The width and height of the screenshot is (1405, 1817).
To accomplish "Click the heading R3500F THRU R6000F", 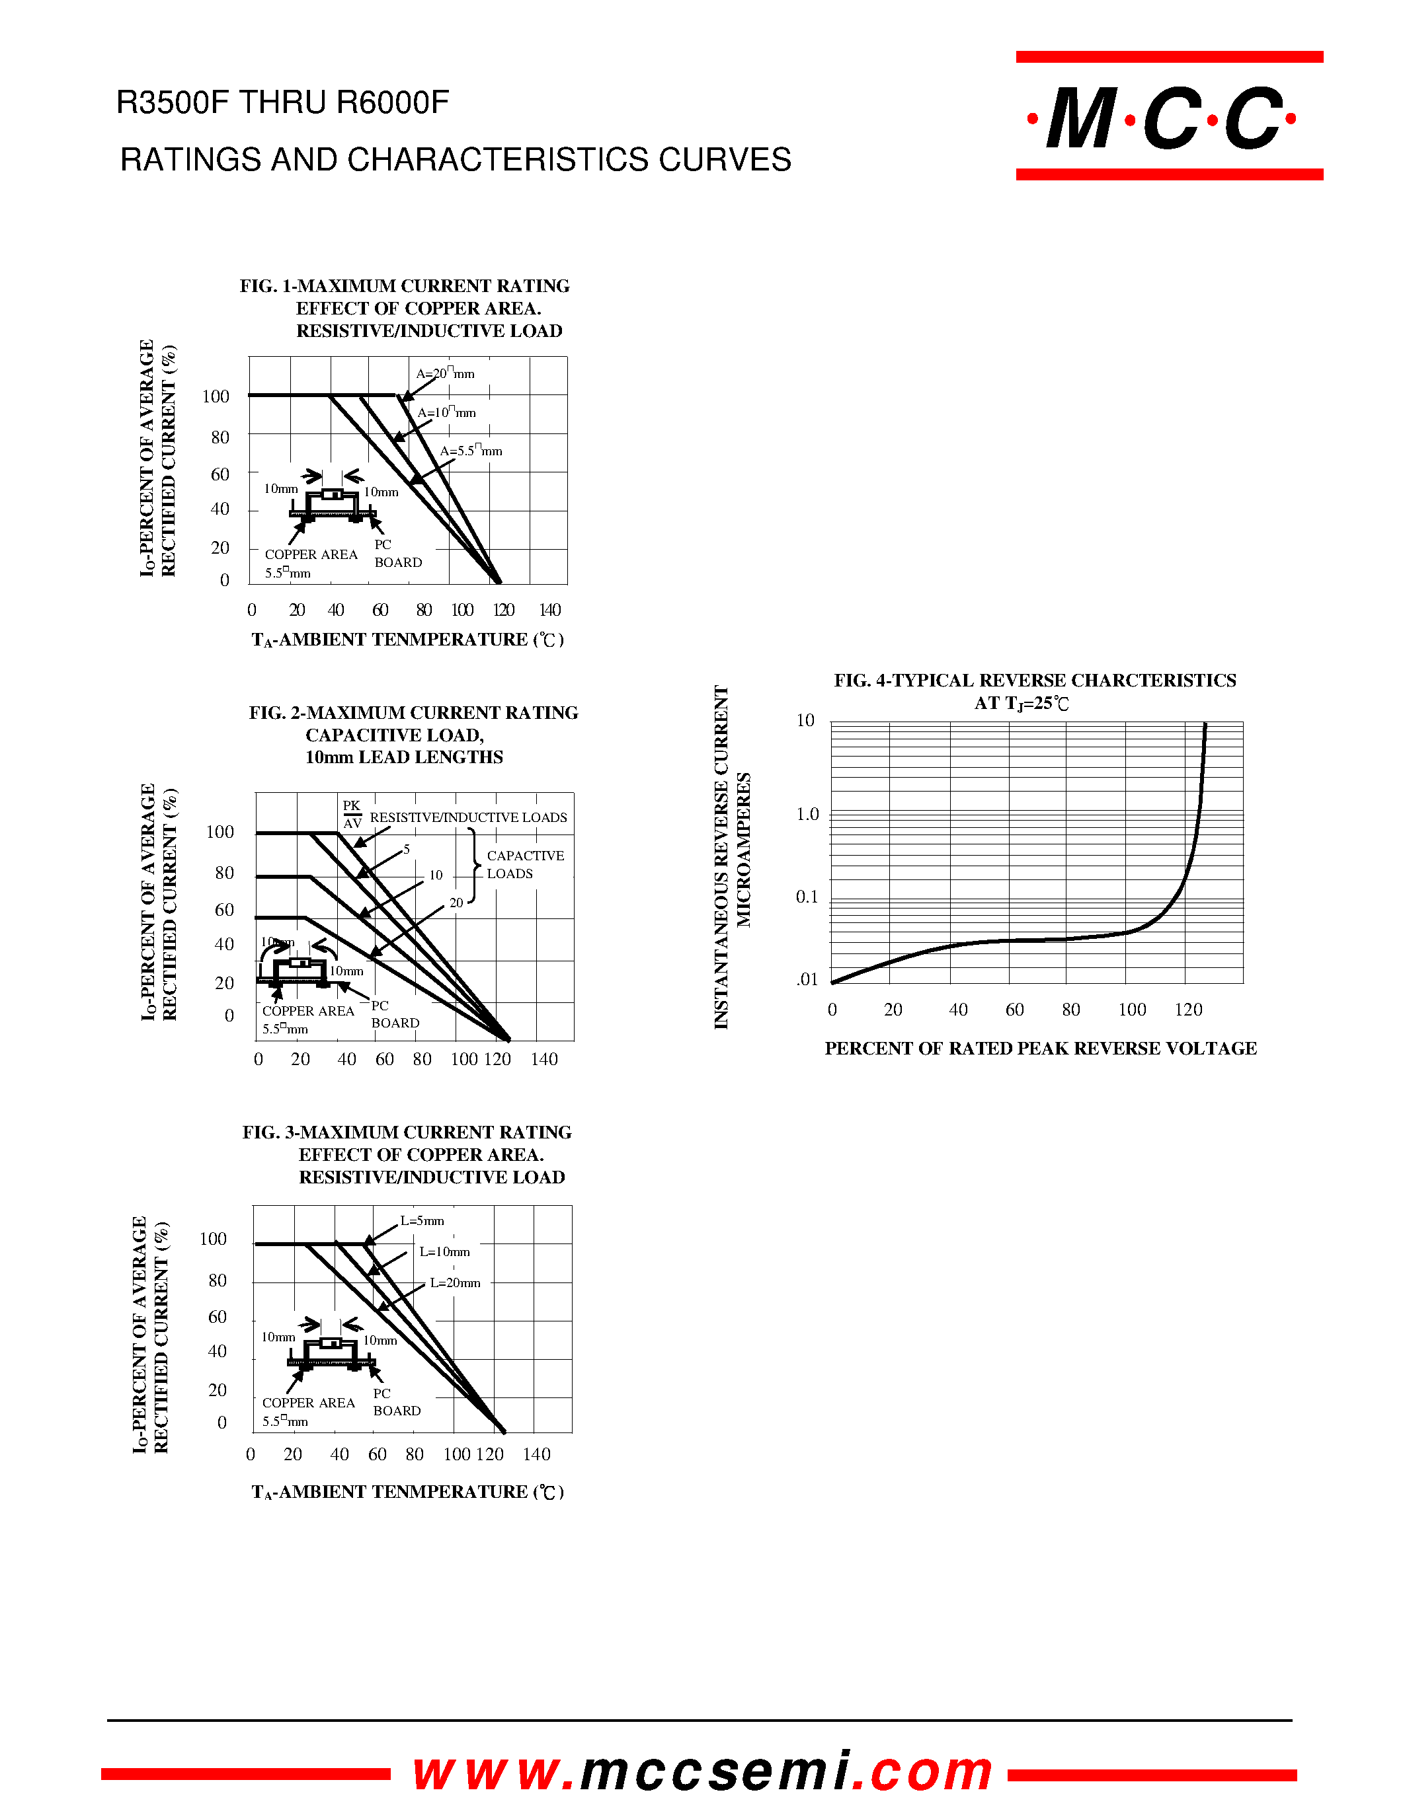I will pyautogui.click(x=282, y=103).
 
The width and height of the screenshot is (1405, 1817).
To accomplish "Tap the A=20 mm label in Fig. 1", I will pyautogui.click(x=446, y=373).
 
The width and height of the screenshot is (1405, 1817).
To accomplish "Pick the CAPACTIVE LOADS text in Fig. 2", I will pyautogui.click(x=524, y=864).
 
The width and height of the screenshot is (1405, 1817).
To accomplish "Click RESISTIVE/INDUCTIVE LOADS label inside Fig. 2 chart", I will pyautogui.click(x=467, y=818).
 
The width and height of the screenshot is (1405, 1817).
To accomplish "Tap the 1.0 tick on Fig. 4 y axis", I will pyautogui.click(x=807, y=815).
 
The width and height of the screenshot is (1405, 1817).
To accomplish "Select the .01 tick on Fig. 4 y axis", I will pyautogui.click(x=807, y=979).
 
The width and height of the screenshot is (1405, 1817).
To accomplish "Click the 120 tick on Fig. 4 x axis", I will pyautogui.click(x=1187, y=1010).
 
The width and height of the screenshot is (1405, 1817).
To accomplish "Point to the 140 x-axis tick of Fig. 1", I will pyautogui.click(x=550, y=610).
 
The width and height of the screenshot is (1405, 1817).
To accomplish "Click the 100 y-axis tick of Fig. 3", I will pyautogui.click(x=213, y=1239).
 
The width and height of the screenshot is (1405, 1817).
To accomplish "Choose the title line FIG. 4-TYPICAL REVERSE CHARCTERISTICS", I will pyautogui.click(x=1035, y=681).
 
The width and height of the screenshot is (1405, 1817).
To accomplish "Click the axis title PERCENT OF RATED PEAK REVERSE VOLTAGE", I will pyautogui.click(x=1041, y=1049).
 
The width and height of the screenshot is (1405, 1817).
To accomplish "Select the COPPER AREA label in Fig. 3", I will pyautogui.click(x=308, y=1403).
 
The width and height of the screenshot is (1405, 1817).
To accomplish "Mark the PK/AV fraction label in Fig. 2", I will pyautogui.click(x=352, y=815).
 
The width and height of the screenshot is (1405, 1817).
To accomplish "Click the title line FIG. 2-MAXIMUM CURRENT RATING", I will pyautogui.click(x=413, y=713).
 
